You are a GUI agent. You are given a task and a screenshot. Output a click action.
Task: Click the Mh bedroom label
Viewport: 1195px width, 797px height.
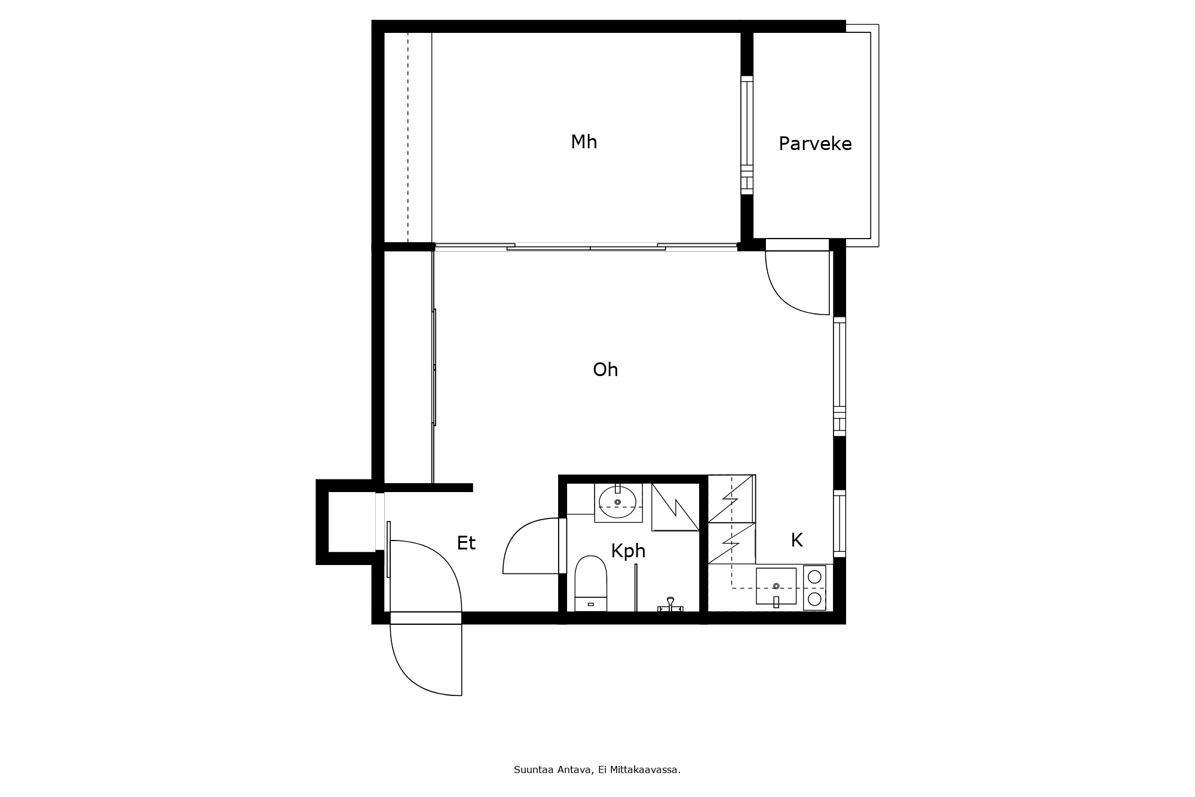tap(584, 142)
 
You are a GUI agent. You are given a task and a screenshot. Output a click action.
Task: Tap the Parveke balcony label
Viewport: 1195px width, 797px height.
tap(815, 144)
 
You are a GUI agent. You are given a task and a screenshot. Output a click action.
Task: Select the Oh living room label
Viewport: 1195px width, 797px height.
tap(605, 370)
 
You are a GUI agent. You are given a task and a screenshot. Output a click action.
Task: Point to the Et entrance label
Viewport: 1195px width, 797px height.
tap(466, 543)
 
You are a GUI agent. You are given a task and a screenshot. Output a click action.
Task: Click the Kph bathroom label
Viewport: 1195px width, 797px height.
tap(628, 551)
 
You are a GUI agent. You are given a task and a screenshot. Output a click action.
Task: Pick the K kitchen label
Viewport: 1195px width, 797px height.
tap(796, 541)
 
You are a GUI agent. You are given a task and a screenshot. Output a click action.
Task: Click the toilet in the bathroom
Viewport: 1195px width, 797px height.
tap(590, 584)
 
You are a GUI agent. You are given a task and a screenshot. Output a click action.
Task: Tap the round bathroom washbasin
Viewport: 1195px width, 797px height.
tap(618, 502)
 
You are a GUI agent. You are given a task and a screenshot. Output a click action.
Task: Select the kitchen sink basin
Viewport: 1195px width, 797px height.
tap(776, 586)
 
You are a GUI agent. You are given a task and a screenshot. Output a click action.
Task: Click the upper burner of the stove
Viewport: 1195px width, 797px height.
tap(814, 577)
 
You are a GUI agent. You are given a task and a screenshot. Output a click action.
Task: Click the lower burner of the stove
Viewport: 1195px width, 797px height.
tap(814, 598)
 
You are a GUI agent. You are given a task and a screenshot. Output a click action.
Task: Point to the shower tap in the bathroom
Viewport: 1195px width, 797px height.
tap(670, 604)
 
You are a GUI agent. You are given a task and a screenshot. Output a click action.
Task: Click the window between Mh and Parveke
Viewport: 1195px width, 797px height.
tap(747, 135)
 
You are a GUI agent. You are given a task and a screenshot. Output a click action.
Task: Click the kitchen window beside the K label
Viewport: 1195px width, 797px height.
tap(839, 524)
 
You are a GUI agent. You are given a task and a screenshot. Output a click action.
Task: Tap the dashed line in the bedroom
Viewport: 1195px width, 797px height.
tap(408, 138)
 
